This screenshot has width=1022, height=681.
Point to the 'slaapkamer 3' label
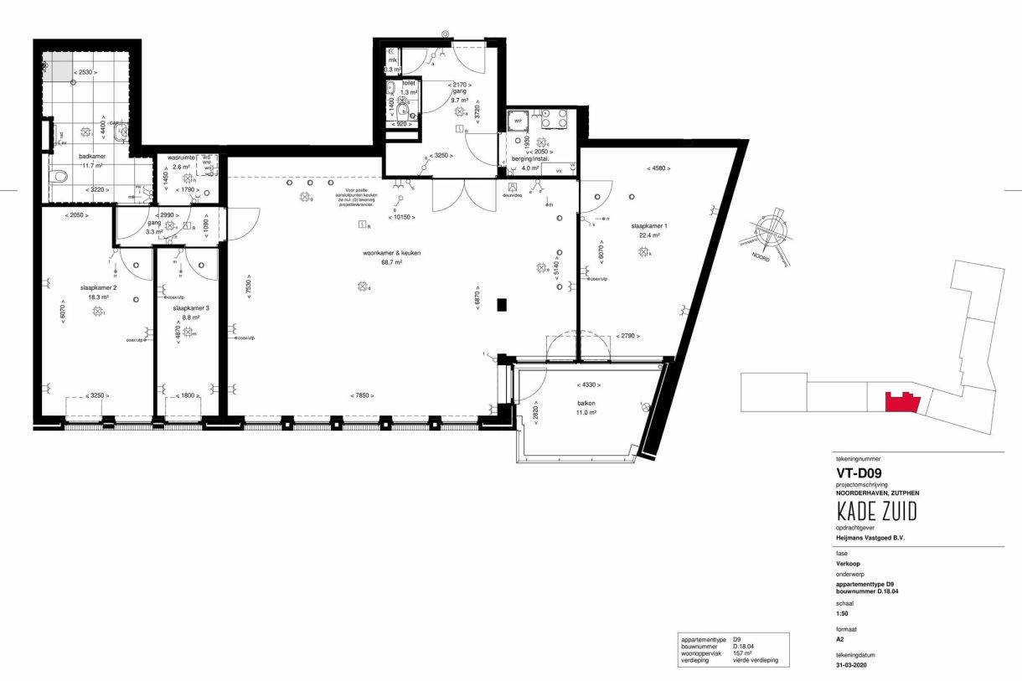tap(191, 307)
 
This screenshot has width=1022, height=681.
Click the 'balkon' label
tap(586, 402)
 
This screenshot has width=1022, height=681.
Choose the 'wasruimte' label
tap(182, 157)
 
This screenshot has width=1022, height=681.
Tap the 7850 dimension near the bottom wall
tap(362, 395)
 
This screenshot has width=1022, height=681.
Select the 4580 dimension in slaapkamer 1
tap(660, 168)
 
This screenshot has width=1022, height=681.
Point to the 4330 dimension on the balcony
tap(585, 384)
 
